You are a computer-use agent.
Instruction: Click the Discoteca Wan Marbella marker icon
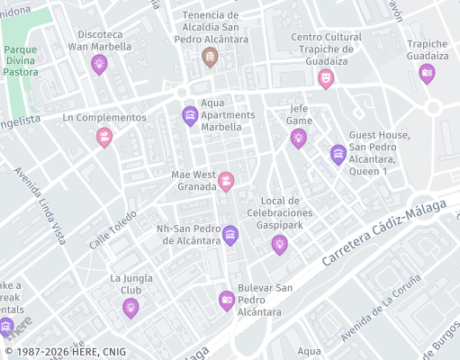[x=99, y=63]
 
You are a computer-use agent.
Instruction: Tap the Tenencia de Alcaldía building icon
[x=210, y=58]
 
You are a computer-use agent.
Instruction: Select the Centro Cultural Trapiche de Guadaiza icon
[x=325, y=78]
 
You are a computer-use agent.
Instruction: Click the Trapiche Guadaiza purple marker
[x=427, y=74]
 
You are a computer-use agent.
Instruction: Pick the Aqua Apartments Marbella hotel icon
[x=190, y=115]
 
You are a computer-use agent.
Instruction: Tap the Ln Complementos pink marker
[x=104, y=137]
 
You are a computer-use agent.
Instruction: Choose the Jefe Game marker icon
[x=298, y=137]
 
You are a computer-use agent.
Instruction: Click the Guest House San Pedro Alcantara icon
[x=338, y=154]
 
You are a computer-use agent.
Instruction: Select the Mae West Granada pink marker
[x=226, y=182]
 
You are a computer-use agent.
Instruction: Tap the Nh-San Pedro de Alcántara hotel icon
[x=230, y=235]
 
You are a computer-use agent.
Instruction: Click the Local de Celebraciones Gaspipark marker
[x=280, y=242]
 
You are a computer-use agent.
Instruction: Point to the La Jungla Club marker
[x=131, y=308]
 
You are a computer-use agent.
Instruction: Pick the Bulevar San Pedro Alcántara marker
[x=227, y=301]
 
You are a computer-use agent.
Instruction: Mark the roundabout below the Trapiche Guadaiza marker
[x=433, y=108]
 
